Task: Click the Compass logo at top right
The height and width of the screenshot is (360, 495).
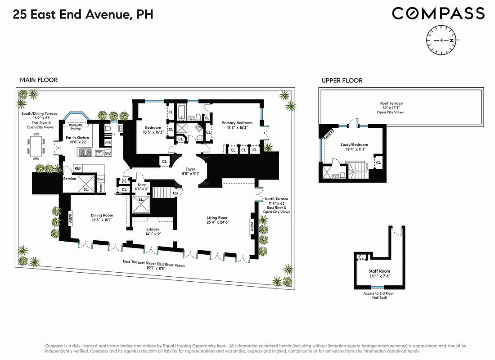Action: tap(438, 13)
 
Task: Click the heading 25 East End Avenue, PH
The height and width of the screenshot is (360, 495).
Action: tap(83, 14)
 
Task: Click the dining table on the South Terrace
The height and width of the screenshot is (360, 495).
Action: tap(37, 145)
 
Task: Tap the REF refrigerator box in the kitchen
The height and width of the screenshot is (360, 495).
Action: tap(78, 168)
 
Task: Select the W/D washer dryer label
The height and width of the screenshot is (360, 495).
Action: tap(108, 143)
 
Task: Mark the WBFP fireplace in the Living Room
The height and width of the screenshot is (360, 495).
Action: tap(252, 226)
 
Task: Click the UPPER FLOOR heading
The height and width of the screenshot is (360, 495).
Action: tap(342, 81)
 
